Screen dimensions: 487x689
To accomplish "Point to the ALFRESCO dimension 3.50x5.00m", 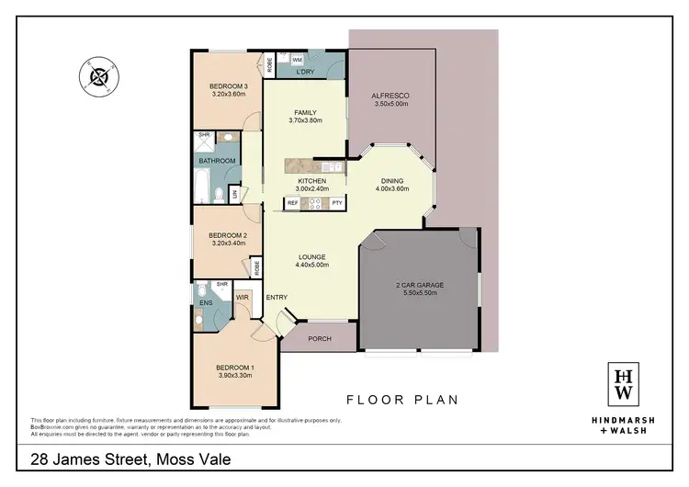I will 390,104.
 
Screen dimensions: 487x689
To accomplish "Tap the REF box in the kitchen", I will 292,202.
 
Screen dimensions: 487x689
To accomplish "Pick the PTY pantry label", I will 337,202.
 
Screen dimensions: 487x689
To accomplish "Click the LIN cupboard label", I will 234,194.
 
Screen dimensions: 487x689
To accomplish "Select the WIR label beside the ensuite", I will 242,297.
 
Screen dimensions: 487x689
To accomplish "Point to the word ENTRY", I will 277,297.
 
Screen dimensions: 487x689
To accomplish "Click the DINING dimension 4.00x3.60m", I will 392,189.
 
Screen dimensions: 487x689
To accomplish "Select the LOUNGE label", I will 312,256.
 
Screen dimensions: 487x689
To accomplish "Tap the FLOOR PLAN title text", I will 401,400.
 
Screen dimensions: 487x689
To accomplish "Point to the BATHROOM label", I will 217,161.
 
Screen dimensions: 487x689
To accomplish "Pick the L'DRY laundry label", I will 306,71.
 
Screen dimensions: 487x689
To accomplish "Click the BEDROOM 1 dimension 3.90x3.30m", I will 233,376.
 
